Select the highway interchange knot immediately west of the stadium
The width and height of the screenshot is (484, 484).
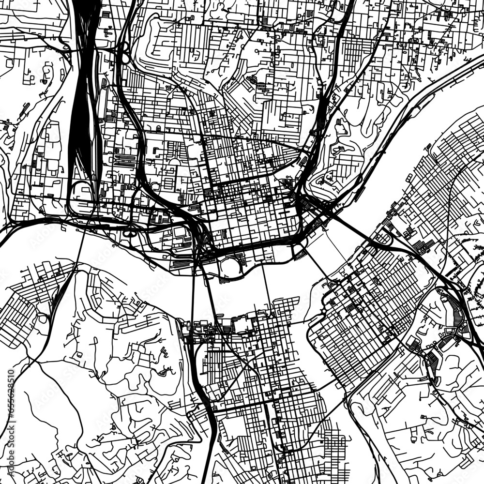(x=199, y=242)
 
